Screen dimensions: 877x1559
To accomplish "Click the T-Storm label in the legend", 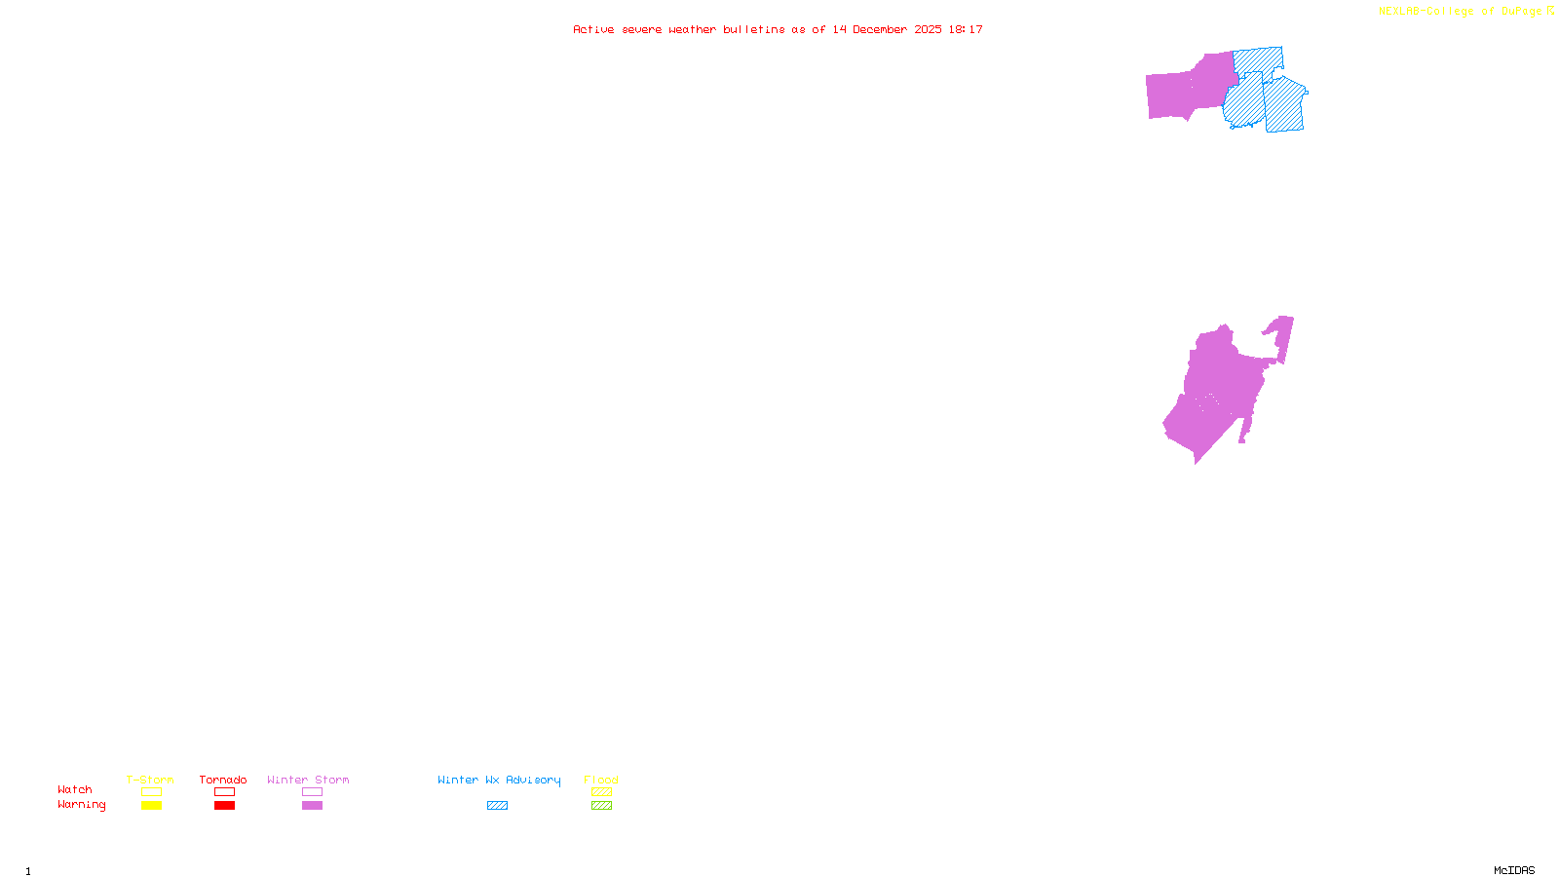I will pos(150,780).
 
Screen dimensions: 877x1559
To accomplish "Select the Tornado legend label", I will pos(223,780).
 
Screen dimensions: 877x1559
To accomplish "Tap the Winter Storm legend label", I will pos(308,780).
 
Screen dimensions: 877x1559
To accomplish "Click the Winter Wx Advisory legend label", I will pos(499,780).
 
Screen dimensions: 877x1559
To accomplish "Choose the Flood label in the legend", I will pos(601,780).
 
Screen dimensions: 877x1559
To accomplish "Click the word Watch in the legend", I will pos(75,789).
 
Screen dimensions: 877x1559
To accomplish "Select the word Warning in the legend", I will pos(82,805).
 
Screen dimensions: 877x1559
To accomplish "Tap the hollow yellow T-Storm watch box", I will pos(151,792).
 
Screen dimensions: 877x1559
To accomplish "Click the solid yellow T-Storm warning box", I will pos(151,806).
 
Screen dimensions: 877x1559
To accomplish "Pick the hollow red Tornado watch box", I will pos(224,792).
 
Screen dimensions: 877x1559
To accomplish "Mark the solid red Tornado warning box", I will pos(224,806).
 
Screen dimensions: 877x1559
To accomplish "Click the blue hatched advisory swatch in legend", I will pos(497,806).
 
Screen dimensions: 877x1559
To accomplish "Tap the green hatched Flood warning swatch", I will pos(601,806).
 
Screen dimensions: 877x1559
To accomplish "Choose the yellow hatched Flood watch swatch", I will pos(601,792).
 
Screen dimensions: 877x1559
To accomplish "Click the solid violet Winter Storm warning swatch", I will pos(312,806).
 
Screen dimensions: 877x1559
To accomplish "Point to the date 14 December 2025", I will pos(887,29).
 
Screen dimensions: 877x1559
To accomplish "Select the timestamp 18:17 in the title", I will pos(966,29).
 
